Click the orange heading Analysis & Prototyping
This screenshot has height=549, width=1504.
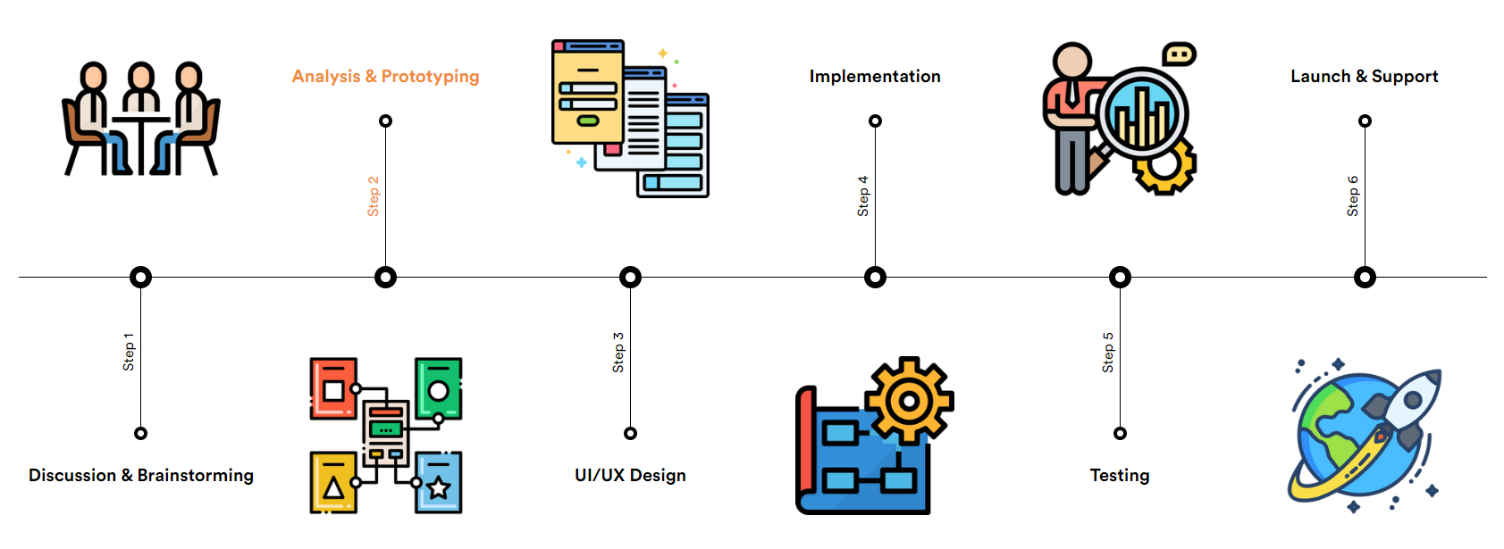(x=385, y=77)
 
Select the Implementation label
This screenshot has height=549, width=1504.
(x=875, y=77)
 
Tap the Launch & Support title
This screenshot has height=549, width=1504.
(x=1364, y=77)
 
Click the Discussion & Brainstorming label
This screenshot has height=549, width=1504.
(x=141, y=476)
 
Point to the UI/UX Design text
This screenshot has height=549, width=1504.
(x=630, y=476)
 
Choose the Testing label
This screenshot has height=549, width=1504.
(x=1120, y=476)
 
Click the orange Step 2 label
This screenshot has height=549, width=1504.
(x=374, y=196)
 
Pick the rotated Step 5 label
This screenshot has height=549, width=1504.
(x=1108, y=353)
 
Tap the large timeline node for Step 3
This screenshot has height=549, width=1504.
(x=630, y=278)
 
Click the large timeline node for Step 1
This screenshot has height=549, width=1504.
(x=140, y=278)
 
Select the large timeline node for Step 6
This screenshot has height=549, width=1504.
(x=1365, y=278)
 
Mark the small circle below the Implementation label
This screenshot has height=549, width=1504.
(x=875, y=121)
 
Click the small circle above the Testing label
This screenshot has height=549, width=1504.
(x=1120, y=434)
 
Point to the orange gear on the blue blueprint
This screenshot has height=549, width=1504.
(x=909, y=401)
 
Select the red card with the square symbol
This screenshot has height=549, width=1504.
(x=333, y=388)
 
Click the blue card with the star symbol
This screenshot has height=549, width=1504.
(x=439, y=482)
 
